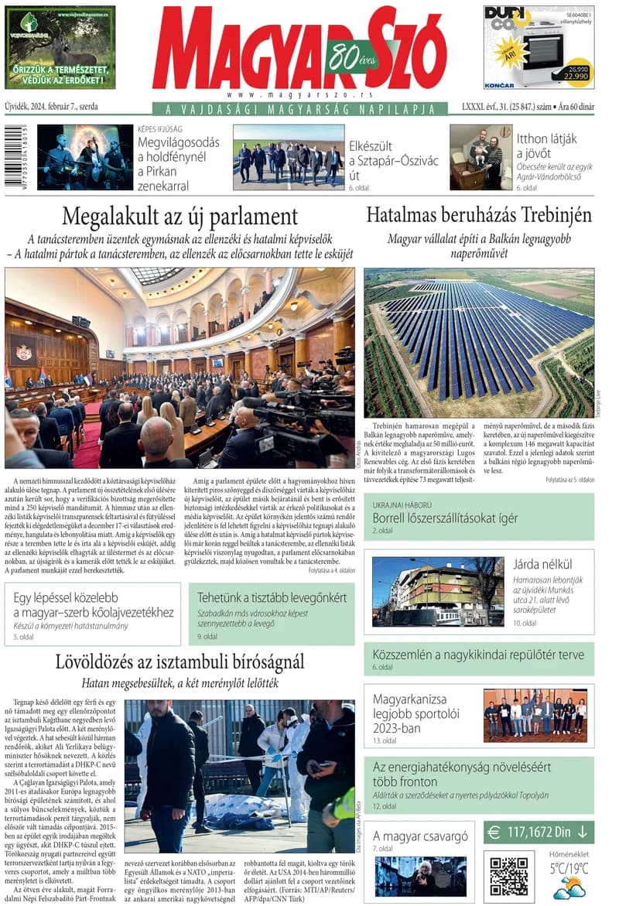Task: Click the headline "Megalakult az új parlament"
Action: pos(180,216)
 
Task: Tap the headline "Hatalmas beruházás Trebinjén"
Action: pos(479,214)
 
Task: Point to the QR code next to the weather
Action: pos(508,874)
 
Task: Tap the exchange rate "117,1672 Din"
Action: pos(539,832)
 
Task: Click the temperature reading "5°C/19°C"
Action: pos(569,868)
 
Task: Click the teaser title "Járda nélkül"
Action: pos(542,563)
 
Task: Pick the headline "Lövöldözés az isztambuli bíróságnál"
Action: pos(180,662)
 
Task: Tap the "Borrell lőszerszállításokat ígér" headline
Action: pos(445,518)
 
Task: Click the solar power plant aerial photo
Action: pos(479,343)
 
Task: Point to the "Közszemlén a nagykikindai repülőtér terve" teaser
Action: pos(478,655)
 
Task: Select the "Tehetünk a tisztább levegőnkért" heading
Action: pos(272,598)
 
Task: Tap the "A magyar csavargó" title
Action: pos(420,836)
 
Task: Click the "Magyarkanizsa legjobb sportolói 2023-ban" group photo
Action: pos(535,715)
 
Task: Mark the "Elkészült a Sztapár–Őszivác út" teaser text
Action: pos(393,160)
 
